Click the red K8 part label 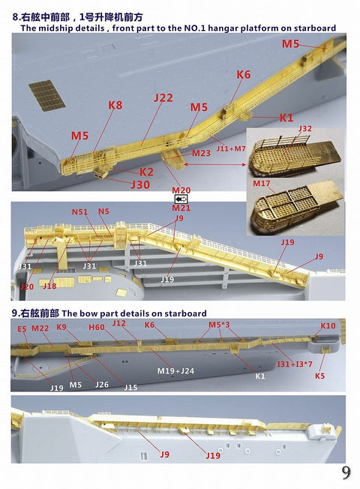pyautogui.click(x=115, y=106)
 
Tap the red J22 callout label pyautogui.click(x=163, y=98)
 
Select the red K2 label pyautogui.click(x=146, y=172)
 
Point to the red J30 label pyautogui.click(x=140, y=184)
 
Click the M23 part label pyautogui.click(x=200, y=153)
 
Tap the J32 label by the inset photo pyautogui.click(x=304, y=128)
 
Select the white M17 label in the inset pyautogui.click(x=261, y=184)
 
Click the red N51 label pyautogui.click(x=80, y=212)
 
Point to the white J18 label pyautogui.click(x=49, y=286)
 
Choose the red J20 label pyautogui.click(x=27, y=286)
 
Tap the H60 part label pyautogui.click(x=97, y=328)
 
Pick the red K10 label pyautogui.click(x=328, y=326)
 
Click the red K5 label pyautogui.click(x=319, y=376)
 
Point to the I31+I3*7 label pyautogui.click(x=294, y=363)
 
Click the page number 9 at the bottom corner pyautogui.click(x=346, y=472)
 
